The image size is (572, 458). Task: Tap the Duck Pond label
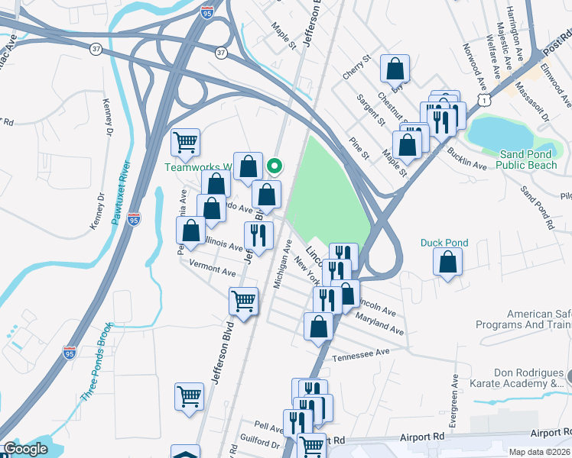pyautogui.click(x=444, y=243)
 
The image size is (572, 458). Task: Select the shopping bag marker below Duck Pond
pyautogui.click(x=447, y=263)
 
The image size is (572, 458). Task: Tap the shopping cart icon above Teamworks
pyautogui.click(x=185, y=142)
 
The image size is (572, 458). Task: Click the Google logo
pyautogui.click(x=25, y=450)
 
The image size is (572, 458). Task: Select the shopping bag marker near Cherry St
pyautogui.click(x=396, y=70)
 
